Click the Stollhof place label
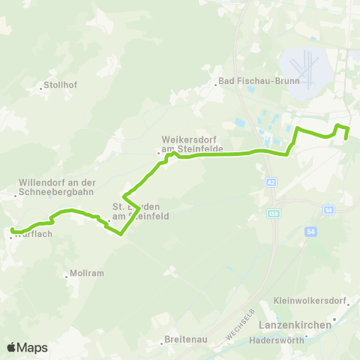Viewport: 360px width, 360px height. coord(61,85)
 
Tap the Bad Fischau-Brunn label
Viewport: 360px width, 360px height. coord(250,81)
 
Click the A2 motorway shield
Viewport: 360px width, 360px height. coord(271,181)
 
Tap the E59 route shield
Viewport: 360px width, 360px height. coord(275,214)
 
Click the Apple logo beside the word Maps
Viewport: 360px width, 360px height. coord(12,347)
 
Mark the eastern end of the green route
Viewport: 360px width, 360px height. coord(346,139)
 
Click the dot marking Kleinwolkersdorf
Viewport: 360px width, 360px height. coord(349,305)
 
